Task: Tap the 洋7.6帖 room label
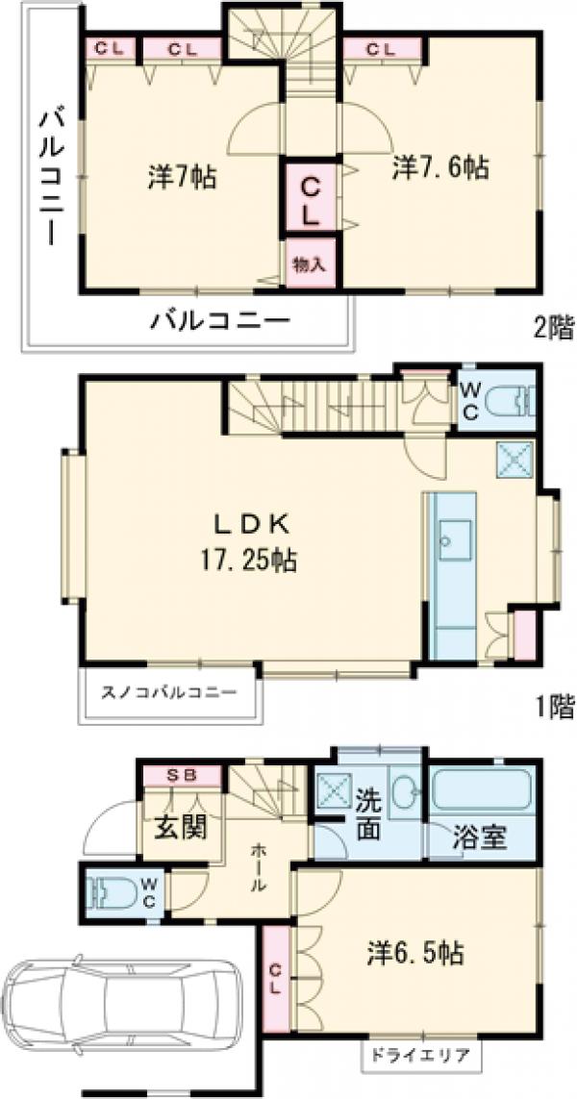tap(441, 167)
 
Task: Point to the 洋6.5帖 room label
tap(415, 953)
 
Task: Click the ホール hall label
tap(259, 868)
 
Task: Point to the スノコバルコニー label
tap(168, 691)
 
